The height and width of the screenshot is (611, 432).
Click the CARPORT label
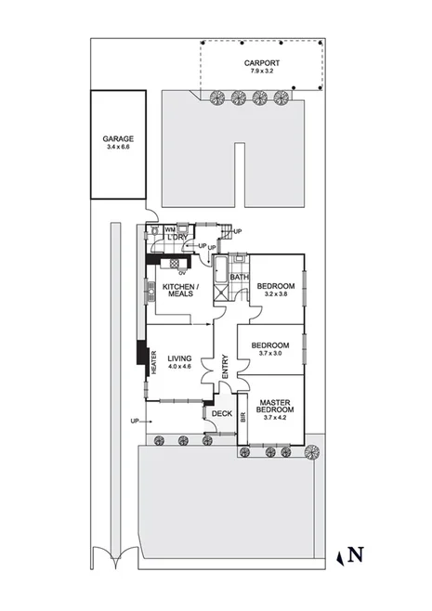(x=260, y=62)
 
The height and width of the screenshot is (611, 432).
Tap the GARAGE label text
(x=119, y=138)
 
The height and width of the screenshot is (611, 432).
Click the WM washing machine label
(x=169, y=228)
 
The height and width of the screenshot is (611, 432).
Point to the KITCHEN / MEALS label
(x=178, y=291)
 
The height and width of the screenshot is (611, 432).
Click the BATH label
(x=239, y=278)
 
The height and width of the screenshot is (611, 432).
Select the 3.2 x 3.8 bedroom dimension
(x=276, y=293)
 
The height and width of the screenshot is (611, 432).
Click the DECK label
(x=221, y=414)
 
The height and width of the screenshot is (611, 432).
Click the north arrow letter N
(x=355, y=555)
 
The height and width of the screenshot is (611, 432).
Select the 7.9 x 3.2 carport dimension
(x=260, y=71)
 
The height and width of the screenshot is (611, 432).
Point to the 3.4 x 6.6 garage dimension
(x=119, y=147)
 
